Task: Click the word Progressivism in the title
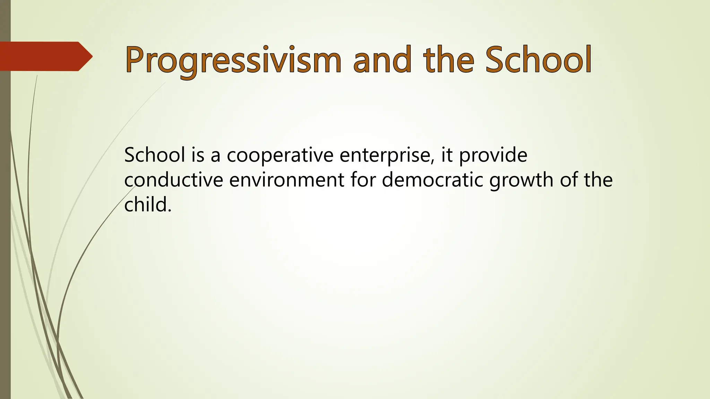coord(233,61)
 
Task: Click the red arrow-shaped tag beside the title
coord(45,56)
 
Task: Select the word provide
coord(493,156)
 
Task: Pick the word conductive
coord(173,180)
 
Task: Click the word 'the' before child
coord(598,180)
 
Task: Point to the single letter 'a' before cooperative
coord(215,156)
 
